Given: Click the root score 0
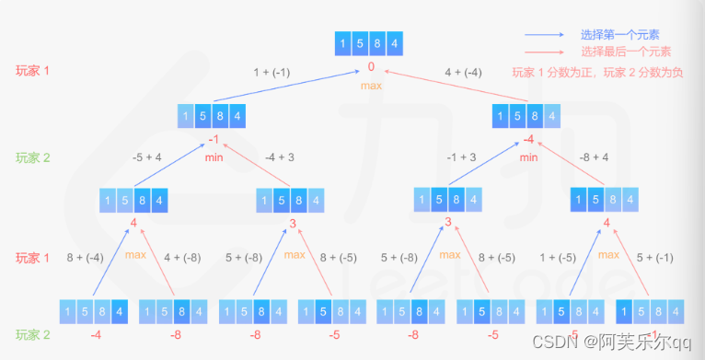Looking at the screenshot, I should click(370, 67).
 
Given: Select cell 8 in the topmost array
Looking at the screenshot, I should click(378, 43).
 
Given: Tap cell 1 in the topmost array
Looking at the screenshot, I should click(344, 43).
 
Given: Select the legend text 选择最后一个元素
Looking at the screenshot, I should click(625, 52).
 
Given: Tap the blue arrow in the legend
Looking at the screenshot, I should click(546, 35).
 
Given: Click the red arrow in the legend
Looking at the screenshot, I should click(546, 52).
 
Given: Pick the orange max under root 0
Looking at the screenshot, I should click(370, 85).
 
